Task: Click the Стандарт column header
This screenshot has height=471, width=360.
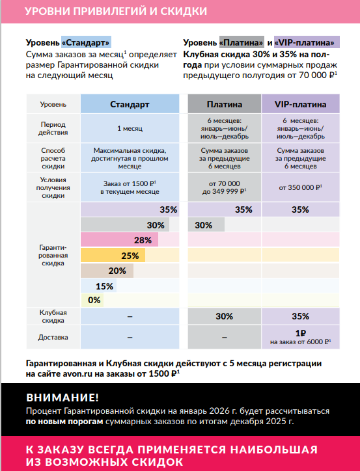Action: pyautogui.click(x=130, y=104)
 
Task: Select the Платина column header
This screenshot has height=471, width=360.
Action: pyautogui.click(x=225, y=104)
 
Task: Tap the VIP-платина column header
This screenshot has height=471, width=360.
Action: pyautogui.click(x=301, y=104)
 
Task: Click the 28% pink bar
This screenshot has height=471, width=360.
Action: pyautogui.click(x=120, y=240)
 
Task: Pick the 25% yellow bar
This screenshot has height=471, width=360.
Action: pyautogui.click(x=113, y=255)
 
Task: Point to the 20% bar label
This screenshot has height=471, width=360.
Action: pyautogui.click(x=117, y=271)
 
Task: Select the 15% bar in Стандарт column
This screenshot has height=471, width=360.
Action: pyautogui.click(x=98, y=286)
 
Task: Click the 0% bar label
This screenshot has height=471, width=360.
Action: pyautogui.click(x=94, y=300)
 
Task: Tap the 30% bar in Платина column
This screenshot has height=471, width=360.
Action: pyautogui.click(x=206, y=224)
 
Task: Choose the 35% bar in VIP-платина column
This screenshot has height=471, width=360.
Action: pyautogui.click(x=301, y=209)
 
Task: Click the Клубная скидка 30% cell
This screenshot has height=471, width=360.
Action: pyautogui.click(x=225, y=316)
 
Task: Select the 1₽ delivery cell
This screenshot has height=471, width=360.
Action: pyautogui.click(x=301, y=337)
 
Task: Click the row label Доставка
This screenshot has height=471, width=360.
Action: pyautogui.click(x=53, y=337)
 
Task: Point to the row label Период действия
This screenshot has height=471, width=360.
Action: pyautogui.click(x=53, y=128)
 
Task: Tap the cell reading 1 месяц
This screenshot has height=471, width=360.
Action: pyautogui.click(x=130, y=128)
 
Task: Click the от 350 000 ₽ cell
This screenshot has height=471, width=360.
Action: pyautogui.click(x=301, y=187)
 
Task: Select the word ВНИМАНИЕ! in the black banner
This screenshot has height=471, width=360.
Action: pyautogui.click(x=62, y=397)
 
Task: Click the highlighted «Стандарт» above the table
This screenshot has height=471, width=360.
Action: pyautogui.click(x=86, y=42)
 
